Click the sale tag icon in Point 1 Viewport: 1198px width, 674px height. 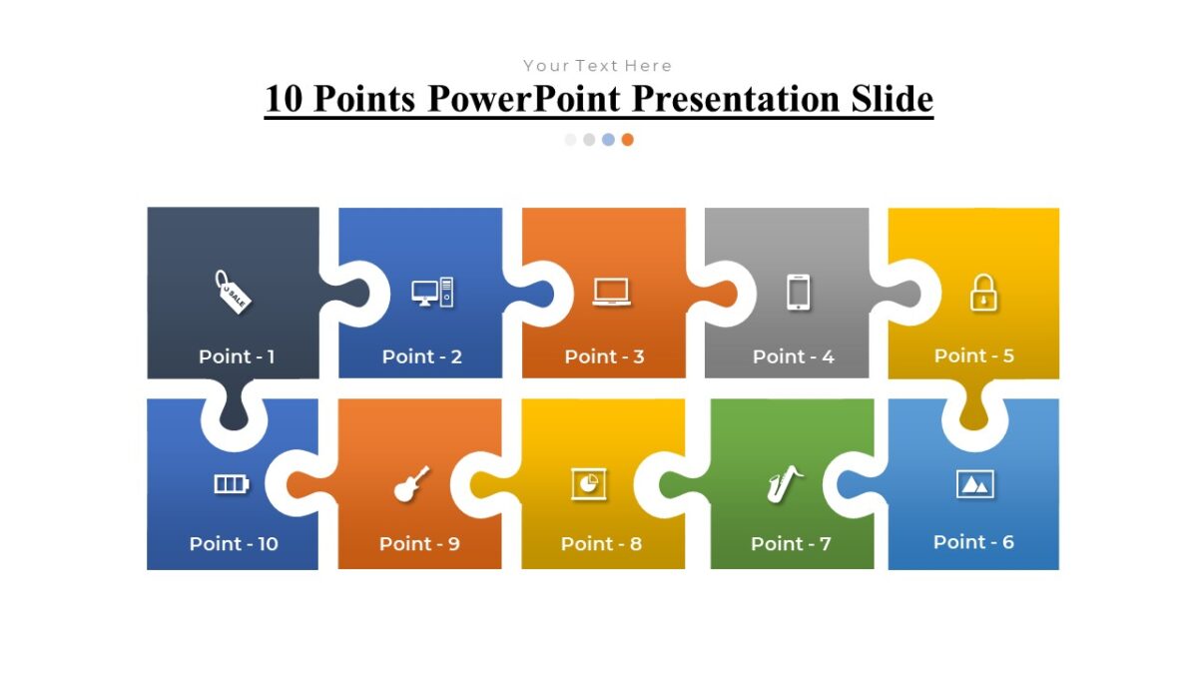click(x=233, y=292)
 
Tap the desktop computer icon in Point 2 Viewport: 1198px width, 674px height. click(x=432, y=293)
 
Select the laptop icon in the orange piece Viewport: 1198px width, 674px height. click(x=611, y=292)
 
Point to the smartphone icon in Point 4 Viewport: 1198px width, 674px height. click(x=798, y=293)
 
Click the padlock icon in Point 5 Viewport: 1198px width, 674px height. click(x=983, y=293)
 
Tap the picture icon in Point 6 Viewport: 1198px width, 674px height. click(x=974, y=484)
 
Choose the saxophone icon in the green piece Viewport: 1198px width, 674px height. click(x=785, y=484)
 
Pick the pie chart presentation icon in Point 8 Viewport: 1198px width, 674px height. click(x=588, y=483)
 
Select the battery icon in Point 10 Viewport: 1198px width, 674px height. click(x=231, y=484)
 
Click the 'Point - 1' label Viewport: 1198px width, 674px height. click(x=237, y=356)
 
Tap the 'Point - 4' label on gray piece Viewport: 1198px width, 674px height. click(x=793, y=356)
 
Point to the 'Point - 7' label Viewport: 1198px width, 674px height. click(x=791, y=544)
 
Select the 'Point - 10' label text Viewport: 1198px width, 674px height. click(x=234, y=544)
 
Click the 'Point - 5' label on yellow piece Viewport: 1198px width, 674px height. click(x=973, y=355)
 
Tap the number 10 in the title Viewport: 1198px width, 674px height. click(x=286, y=100)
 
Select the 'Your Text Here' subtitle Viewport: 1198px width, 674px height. click(x=597, y=66)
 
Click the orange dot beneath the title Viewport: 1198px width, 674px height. click(x=627, y=140)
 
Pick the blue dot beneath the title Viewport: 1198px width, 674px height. click(x=608, y=140)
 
